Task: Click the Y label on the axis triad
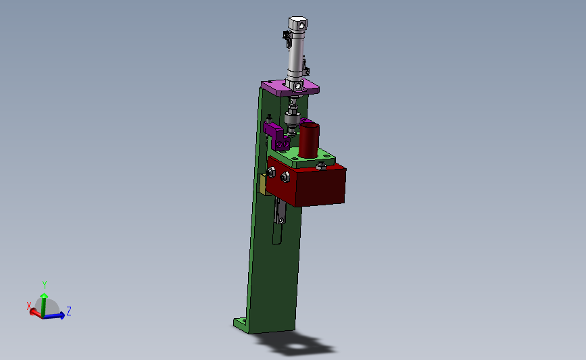45,285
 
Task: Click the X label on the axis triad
29,306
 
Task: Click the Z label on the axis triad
69,311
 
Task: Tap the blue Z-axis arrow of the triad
54,315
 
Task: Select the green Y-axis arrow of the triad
44,305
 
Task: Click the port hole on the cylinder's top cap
301,26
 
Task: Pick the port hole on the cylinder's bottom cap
298,86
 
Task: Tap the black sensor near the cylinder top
287,38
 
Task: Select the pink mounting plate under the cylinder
290,88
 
